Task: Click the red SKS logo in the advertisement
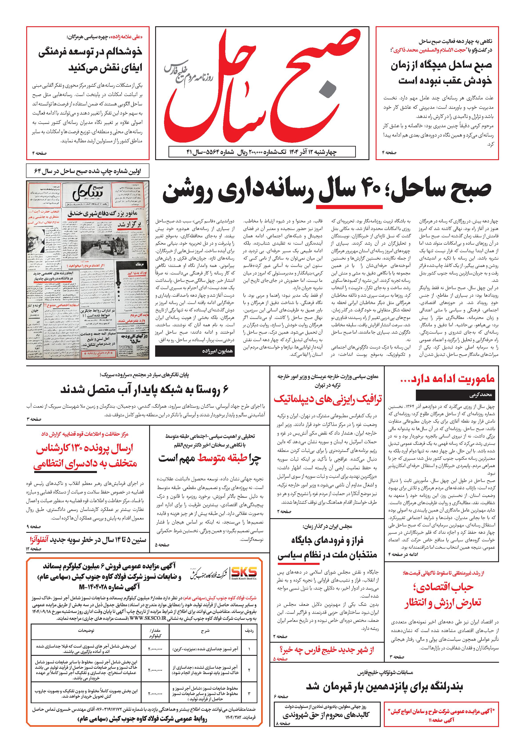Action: click(244, 572)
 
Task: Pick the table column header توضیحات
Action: click(86, 630)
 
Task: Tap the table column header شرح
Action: click(205, 630)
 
